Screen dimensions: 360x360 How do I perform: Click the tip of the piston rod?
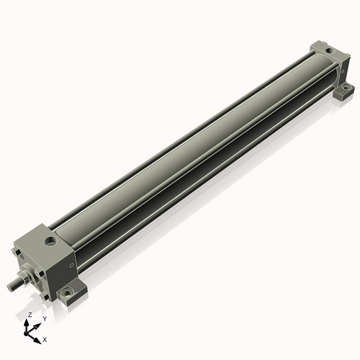[x=9, y=287]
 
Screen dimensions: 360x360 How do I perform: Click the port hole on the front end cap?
[x=50, y=240]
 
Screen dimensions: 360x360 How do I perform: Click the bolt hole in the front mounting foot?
[x=66, y=292]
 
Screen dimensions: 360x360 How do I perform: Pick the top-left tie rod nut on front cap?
[x=17, y=253]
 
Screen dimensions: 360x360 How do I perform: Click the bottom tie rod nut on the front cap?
[x=45, y=297]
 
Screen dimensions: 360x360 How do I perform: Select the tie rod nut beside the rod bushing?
[x=40, y=274]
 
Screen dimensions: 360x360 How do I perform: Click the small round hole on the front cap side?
[x=71, y=265]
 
